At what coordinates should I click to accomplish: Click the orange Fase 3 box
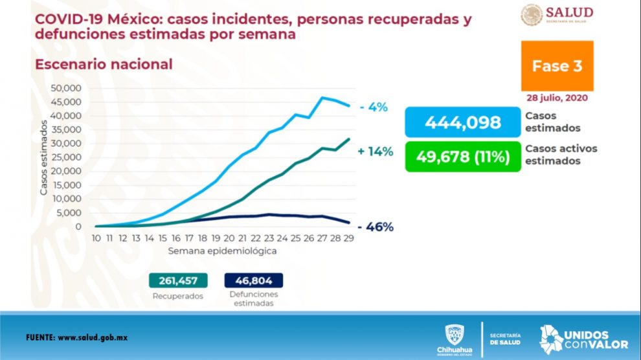pyautogui.click(x=557, y=65)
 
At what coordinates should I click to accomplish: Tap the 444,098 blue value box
pyautogui.click(x=462, y=122)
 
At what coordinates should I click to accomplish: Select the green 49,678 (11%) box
pyautogui.click(x=462, y=156)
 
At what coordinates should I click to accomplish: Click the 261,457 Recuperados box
pyautogui.click(x=178, y=280)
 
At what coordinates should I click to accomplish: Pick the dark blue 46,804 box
pyautogui.click(x=253, y=280)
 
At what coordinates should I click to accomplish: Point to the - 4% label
pyautogui.click(x=374, y=107)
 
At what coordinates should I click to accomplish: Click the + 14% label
pyautogui.click(x=375, y=152)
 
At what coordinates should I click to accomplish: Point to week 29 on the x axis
pyautogui.click(x=348, y=238)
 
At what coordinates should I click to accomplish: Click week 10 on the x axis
pyautogui.click(x=96, y=238)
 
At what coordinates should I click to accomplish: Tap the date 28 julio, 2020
pyautogui.click(x=557, y=98)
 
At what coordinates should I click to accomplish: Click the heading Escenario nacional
pyautogui.click(x=104, y=64)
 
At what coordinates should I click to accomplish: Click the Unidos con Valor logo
pyautogui.click(x=574, y=339)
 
